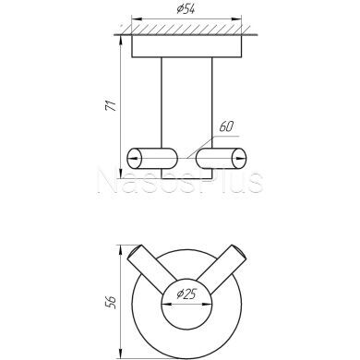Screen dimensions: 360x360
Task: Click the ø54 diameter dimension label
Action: click(186, 9)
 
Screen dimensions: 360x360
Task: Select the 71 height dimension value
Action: click(111, 105)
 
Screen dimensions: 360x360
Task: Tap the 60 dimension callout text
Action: click(226, 126)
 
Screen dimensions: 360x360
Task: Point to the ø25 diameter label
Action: click(186, 294)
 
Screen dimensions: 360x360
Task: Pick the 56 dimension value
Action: click(111, 303)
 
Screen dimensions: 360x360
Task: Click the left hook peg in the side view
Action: click(152, 159)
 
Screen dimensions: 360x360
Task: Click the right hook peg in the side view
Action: click(222, 159)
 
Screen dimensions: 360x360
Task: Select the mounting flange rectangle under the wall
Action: click(186, 46)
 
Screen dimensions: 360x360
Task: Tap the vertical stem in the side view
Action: click(186, 118)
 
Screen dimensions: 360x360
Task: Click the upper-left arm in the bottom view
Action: click(150, 268)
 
